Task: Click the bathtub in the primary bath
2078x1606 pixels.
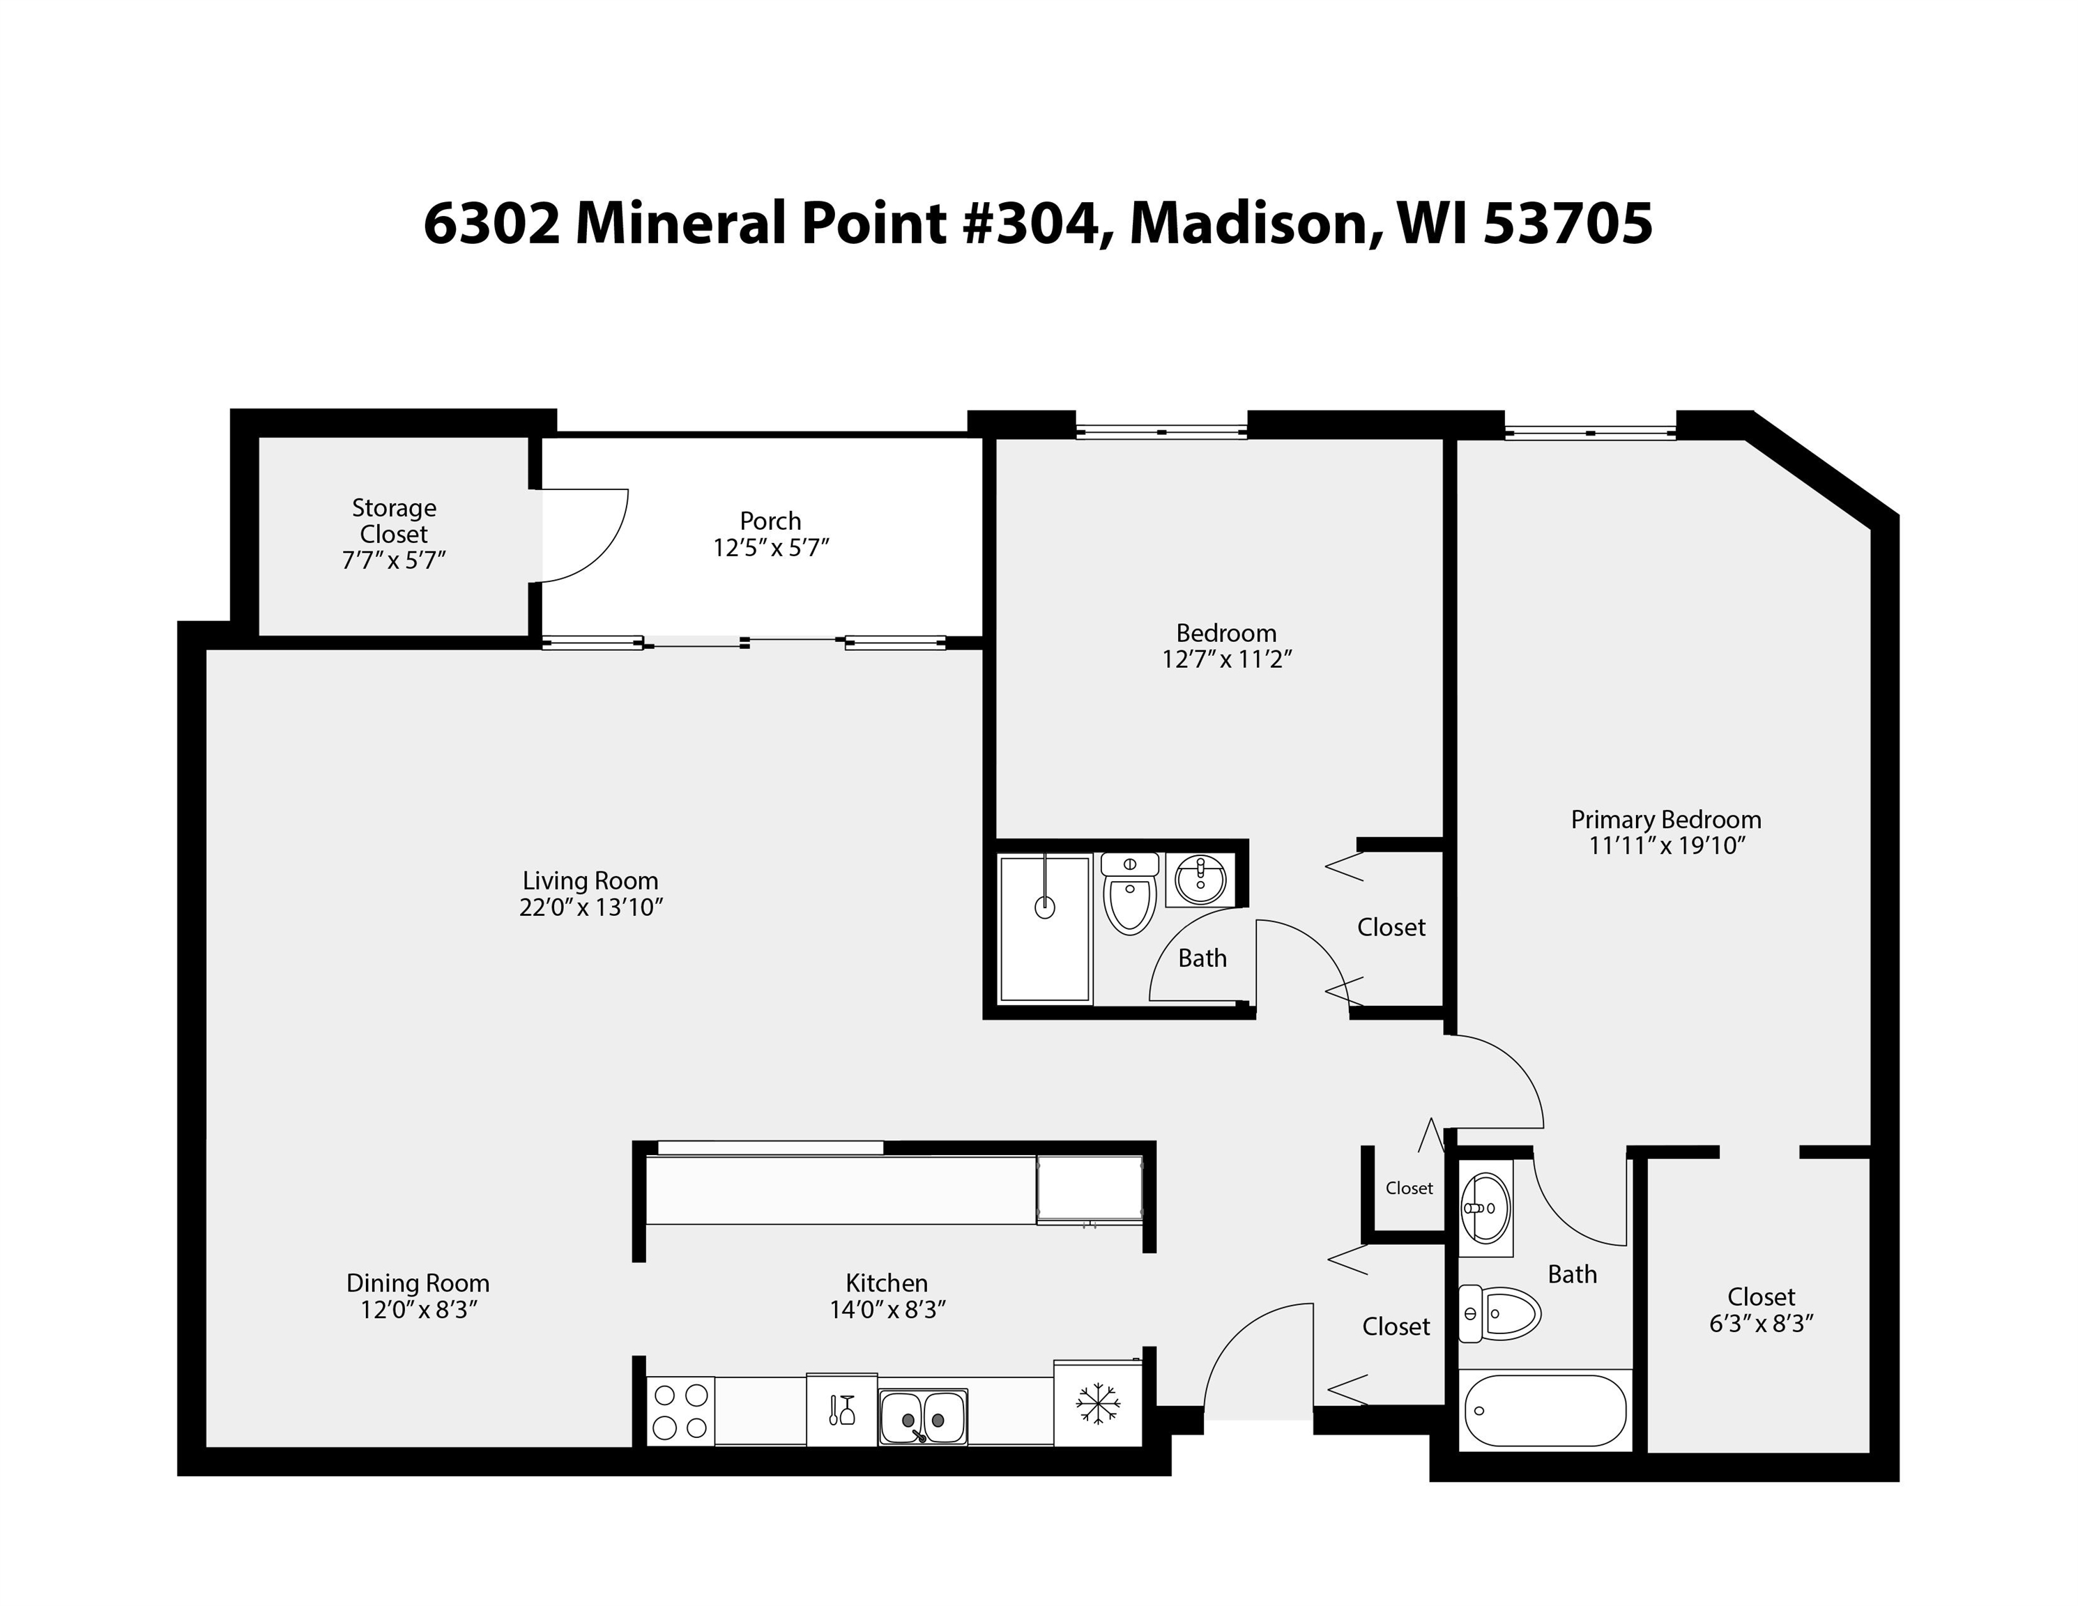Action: [x=1543, y=1411]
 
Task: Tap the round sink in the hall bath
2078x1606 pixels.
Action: [x=1202, y=878]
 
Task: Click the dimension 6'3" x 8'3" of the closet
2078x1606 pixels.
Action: [x=1760, y=1324]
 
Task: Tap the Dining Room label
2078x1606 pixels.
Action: [x=418, y=1283]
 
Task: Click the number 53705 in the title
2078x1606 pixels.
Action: [x=1567, y=224]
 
